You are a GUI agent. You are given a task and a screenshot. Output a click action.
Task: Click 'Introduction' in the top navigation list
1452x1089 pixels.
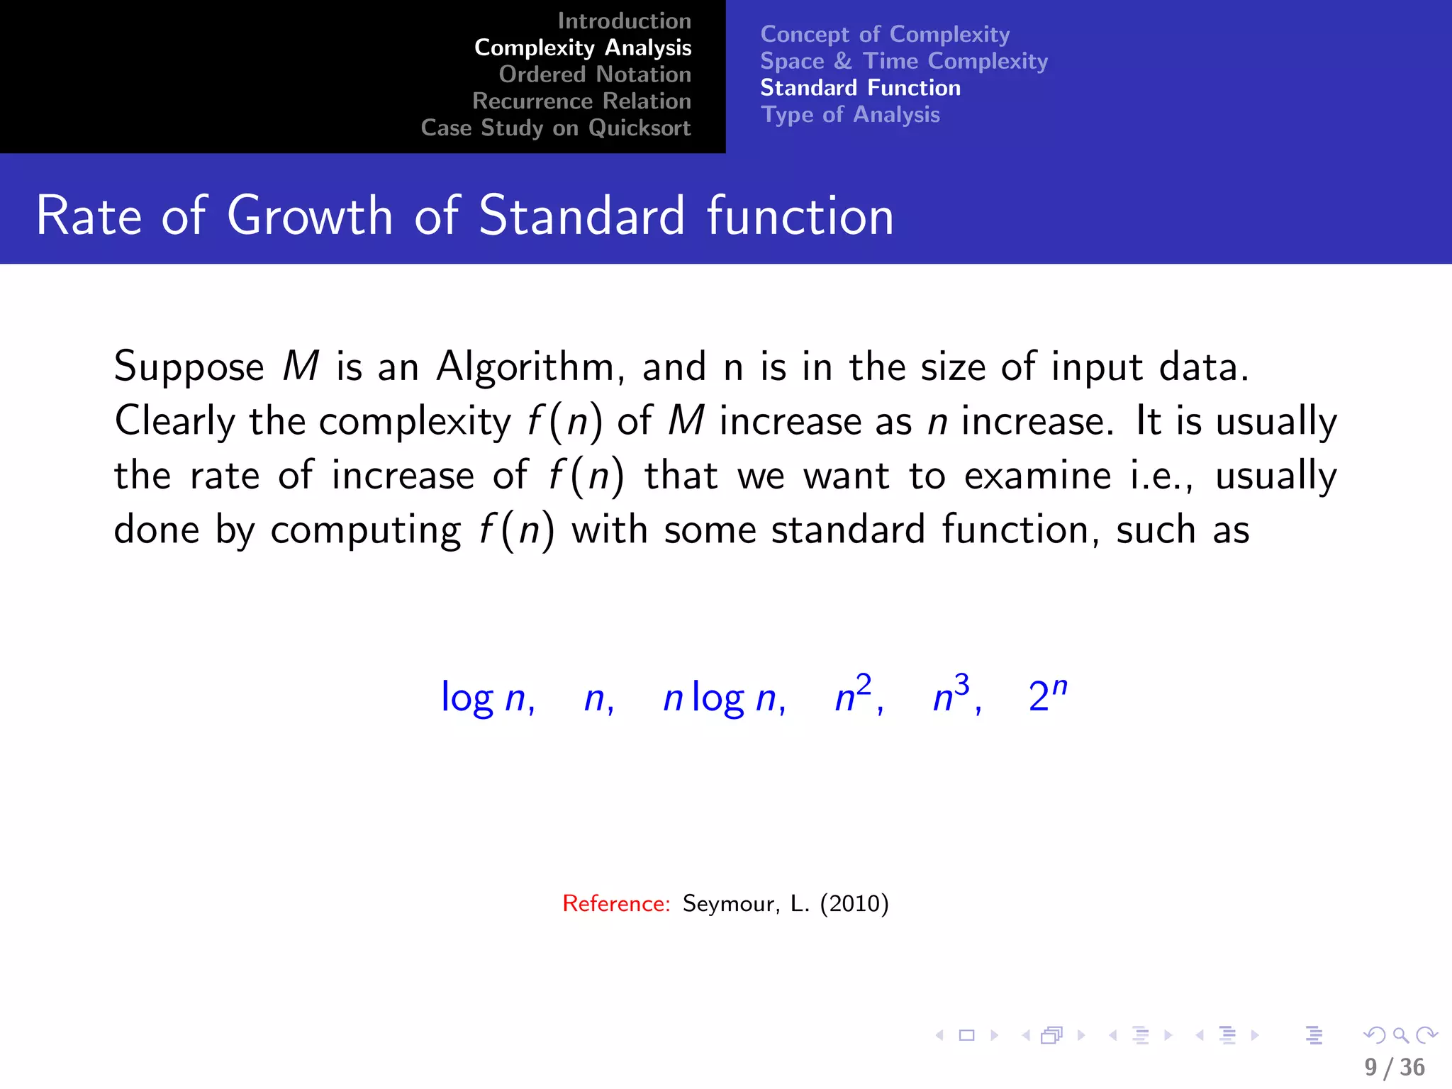click(624, 21)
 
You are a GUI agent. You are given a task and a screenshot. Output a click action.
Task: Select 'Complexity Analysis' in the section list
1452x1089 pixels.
click(582, 48)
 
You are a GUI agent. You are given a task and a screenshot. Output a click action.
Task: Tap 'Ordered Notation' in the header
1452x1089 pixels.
click(594, 74)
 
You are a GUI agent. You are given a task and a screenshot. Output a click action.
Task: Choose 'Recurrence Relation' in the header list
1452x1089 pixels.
click(581, 101)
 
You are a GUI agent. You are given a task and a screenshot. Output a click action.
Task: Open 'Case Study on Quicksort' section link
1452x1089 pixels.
click(555, 128)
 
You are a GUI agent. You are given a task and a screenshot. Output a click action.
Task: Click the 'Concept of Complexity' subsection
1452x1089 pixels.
click(885, 34)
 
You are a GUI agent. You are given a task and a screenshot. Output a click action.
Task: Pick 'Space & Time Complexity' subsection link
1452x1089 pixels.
click(904, 61)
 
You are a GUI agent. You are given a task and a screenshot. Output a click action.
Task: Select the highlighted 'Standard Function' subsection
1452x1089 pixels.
click(860, 88)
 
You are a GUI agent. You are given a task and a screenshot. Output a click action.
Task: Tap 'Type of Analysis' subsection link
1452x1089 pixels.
click(850, 115)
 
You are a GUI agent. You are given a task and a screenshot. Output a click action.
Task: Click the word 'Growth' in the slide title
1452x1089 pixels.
click(310, 216)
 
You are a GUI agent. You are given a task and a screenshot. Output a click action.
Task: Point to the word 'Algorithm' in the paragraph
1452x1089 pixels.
click(525, 367)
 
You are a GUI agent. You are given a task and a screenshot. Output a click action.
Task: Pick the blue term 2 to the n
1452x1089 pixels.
click(1047, 695)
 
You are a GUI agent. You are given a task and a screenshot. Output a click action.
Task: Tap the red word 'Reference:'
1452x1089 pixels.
click(615, 903)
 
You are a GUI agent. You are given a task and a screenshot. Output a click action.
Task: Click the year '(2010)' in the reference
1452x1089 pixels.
click(854, 903)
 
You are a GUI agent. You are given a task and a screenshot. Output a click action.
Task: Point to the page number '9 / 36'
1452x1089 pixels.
click(1394, 1067)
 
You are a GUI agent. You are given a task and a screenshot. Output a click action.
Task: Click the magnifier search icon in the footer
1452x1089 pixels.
click(1400, 1036)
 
